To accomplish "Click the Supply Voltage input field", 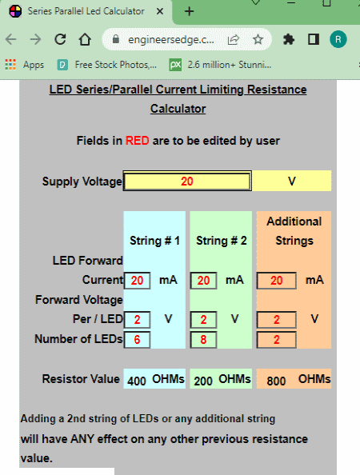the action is tap(187, 181).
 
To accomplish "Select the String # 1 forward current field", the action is tap(137, 280).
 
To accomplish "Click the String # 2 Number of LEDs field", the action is tap(203, 340).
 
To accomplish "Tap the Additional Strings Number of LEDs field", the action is tap(276, 340).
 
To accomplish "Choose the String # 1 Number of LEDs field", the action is tap(137, 340).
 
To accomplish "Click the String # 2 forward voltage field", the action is tap(203, 320).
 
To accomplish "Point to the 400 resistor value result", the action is tap(137, 381).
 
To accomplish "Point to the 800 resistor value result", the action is tap(276, 381).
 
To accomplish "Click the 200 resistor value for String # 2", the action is tap(203, 381).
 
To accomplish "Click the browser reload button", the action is tap(60, 39).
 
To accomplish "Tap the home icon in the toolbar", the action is tap(85, 39).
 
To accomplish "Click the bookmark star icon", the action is tap(258, 39).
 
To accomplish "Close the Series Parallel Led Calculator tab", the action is tap(160, 11).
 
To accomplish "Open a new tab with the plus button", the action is tap(189, 11).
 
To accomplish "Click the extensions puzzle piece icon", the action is tap(289, 39).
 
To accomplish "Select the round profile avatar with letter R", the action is tap(338, 39).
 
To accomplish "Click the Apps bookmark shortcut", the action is tap(25, 65).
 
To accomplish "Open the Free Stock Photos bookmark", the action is tap(107, 65).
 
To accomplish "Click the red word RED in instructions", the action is tap(138, 141).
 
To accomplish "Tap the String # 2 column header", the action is tap(222, 241).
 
